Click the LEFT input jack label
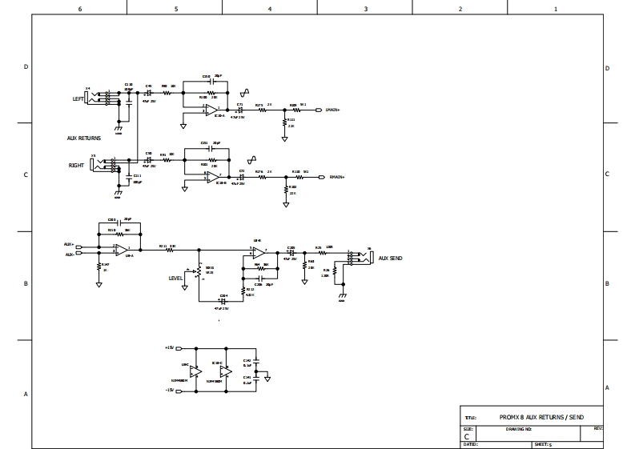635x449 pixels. pos(78,98)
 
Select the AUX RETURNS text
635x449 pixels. pos(82,138)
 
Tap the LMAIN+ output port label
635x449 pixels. pos(334,109)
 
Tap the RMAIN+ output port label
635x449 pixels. pos(335,177)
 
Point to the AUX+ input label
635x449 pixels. pos(69,244)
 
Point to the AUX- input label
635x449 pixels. pos(69,255)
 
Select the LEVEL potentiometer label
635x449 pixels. pos(176,279)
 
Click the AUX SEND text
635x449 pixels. pos(391,259)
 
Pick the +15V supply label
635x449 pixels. pos(169,348)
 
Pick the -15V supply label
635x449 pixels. pos(169,390)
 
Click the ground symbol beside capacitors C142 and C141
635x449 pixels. pos(269,376)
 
